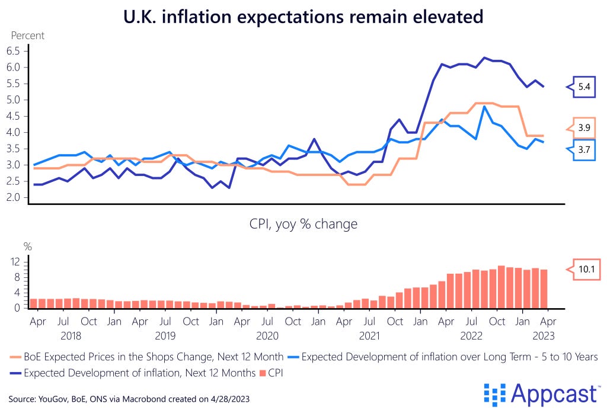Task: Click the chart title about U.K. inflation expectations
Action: [303, 17]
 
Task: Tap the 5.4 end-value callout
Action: [583, 88]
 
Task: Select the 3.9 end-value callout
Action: [583, 127]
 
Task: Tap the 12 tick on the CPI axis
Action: [17, 261]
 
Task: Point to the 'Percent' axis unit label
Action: [28, 36]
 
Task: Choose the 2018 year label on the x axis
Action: [63, 336]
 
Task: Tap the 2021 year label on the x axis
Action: [369, 336]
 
